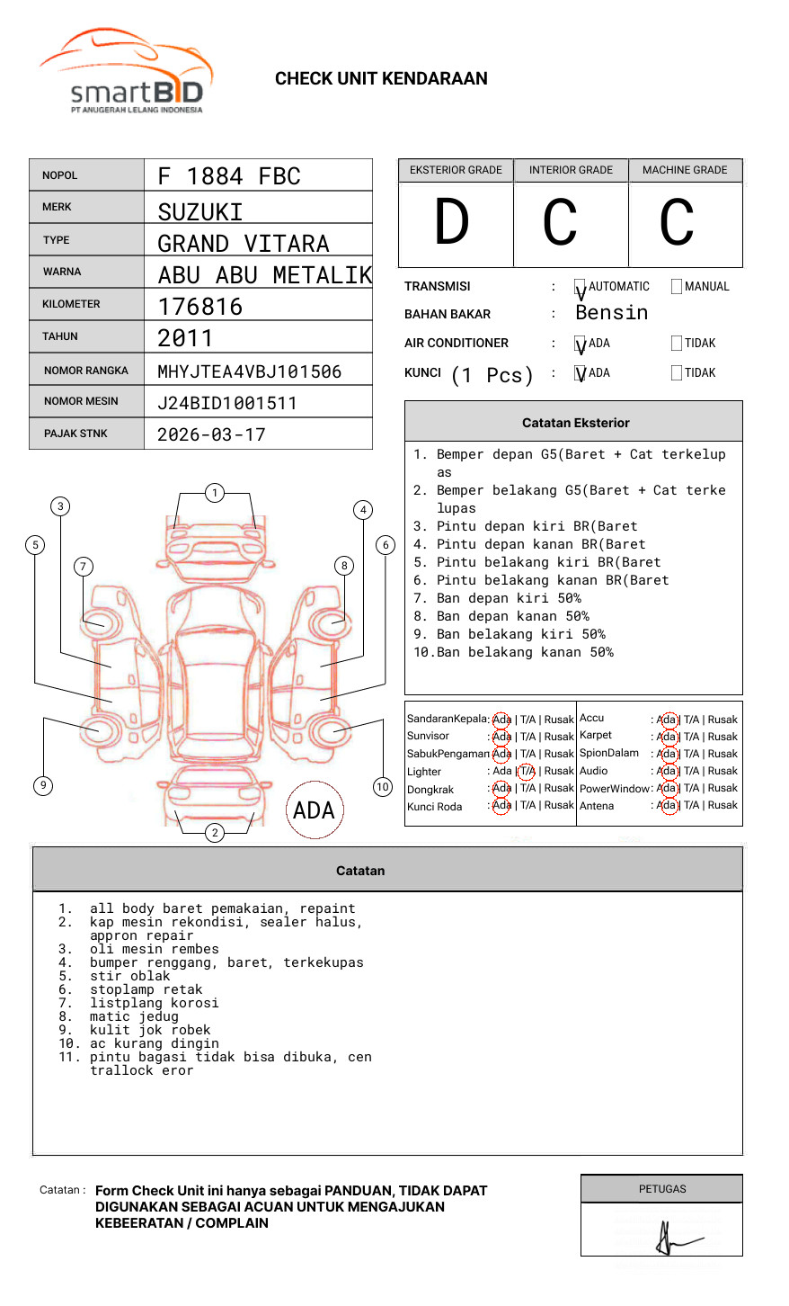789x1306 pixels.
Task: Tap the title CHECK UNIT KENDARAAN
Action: click(381, 78)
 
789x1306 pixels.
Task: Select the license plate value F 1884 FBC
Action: click(229, 176)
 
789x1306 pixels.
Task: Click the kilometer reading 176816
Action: click(200, 307)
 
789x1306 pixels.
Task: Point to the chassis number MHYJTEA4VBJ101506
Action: click(249, 371)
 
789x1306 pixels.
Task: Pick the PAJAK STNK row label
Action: click(75, 434)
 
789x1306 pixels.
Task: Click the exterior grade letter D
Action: click(452, 222)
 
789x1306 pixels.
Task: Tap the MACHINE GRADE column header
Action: click(685, 170)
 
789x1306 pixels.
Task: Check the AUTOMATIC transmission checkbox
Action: click(581, 288)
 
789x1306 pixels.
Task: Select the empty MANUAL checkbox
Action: click(677, 287)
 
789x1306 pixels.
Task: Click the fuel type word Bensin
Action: click(611, 313)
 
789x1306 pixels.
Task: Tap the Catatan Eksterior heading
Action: click(575, 423)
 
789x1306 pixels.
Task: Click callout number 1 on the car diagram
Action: click(214, 492)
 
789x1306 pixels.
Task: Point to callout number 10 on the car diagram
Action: click(383, 787)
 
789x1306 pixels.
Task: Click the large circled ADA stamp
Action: click(314, 810)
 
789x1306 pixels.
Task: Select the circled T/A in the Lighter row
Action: click(527, 771)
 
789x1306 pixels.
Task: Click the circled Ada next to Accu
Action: click(667, 720)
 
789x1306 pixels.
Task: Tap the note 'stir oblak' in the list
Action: click(129, 976)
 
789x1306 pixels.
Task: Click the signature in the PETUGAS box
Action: click(669, 1239)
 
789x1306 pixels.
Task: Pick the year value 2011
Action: click(185, 339)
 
